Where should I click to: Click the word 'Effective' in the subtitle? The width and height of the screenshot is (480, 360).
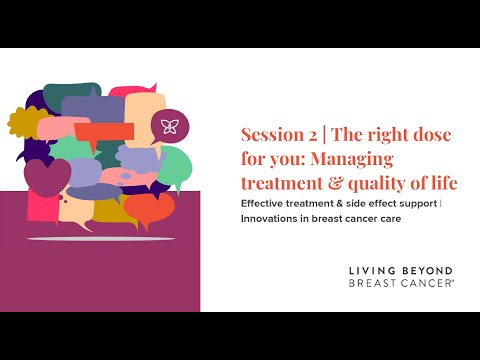[266, 204]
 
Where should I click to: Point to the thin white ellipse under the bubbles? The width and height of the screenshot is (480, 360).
[91, 239]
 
